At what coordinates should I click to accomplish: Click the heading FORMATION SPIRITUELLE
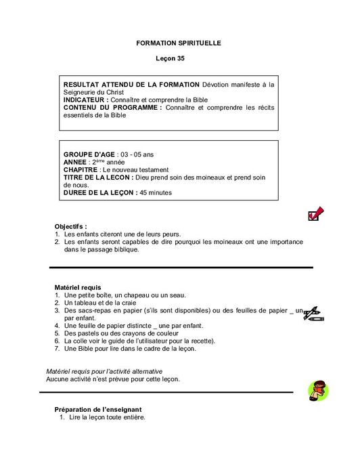179,43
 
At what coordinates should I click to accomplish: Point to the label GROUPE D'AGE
89,155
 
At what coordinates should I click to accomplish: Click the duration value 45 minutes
156,192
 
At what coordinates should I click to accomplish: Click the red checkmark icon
315,214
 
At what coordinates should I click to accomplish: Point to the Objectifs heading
70,226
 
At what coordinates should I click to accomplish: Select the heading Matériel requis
78,287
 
